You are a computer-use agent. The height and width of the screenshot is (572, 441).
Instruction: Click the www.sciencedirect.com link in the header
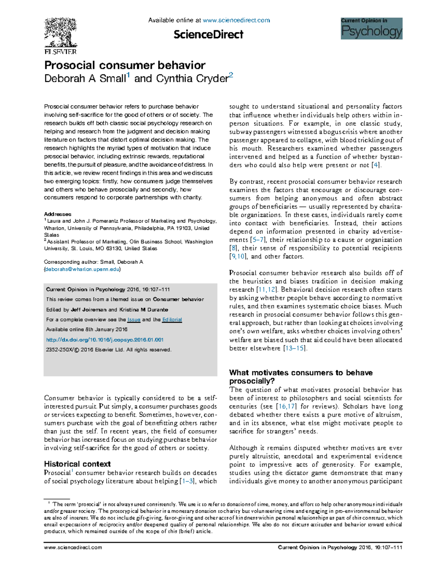[236, 20]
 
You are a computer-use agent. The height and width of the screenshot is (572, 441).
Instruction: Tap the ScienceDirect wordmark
[208, 35]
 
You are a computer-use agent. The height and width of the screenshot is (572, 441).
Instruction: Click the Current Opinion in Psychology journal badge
[371, 28]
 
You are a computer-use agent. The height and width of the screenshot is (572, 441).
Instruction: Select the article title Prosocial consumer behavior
[125, 65]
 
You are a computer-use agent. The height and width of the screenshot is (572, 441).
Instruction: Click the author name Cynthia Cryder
[192, 79]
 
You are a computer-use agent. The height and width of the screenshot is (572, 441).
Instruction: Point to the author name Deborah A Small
[85, 79]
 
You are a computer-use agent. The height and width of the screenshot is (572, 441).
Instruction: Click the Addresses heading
[58, 214]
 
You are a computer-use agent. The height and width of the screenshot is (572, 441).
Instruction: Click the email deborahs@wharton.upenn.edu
[82, 269]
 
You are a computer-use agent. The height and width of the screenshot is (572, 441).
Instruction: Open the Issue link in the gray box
[134, 319]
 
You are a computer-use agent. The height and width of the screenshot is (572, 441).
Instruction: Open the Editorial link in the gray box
[172, 319]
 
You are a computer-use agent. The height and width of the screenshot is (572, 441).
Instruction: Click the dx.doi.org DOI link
[105, 340]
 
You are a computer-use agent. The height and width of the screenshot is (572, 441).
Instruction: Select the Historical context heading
[77, 464]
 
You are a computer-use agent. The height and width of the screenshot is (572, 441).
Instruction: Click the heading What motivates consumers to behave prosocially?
[301, 376]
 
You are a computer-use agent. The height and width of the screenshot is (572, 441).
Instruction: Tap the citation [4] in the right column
[376, 165]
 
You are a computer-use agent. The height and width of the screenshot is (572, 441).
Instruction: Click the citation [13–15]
[295, 348]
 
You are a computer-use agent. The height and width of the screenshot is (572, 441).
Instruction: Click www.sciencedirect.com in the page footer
[73, 547]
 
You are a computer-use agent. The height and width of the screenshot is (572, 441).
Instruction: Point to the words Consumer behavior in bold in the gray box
[178, 299]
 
